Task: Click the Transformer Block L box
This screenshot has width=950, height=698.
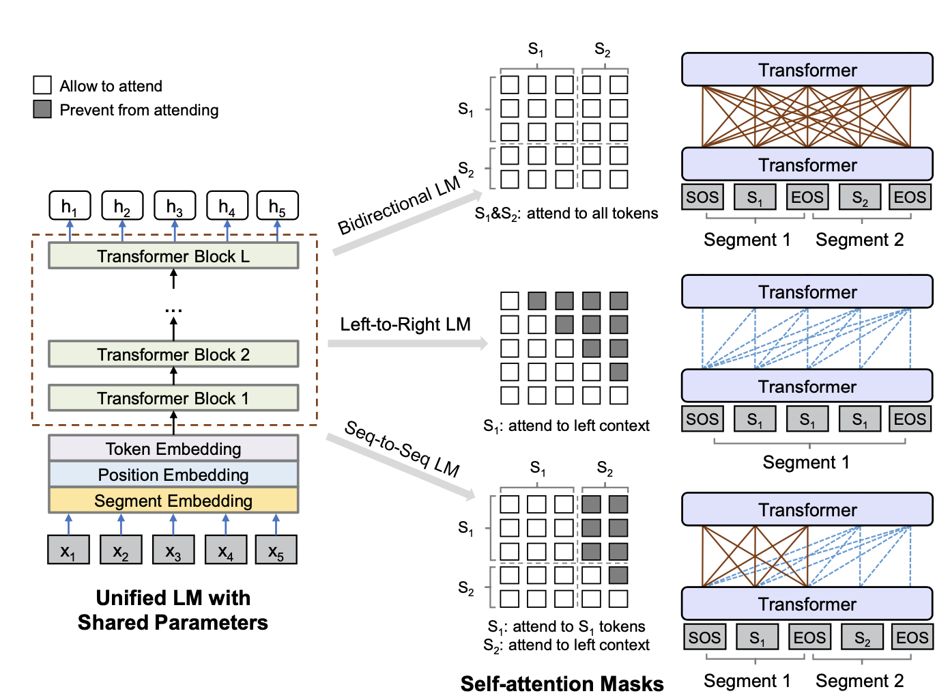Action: [173, 256]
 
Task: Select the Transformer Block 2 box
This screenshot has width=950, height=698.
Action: [173, 354]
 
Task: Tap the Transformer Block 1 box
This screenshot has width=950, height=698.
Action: [173, 398]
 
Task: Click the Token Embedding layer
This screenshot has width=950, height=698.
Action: [173, 449]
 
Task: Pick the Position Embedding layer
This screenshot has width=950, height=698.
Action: [173, 475]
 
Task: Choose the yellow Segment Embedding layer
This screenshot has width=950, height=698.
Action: [173, 501]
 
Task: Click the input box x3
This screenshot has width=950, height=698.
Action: [173, 550]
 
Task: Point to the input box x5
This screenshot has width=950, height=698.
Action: [276, 550]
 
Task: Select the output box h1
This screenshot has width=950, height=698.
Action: [70, 206]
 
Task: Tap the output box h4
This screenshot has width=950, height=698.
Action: [227, 206]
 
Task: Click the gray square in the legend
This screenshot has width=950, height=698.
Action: [42, 109]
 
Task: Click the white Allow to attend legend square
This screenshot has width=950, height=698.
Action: [42, 85]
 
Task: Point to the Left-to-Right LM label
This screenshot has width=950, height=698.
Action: [405, 324]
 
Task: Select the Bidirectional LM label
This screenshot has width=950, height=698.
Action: [399, 206]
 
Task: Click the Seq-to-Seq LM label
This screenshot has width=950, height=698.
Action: [402, 448]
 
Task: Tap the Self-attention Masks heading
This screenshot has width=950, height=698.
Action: [562, 684]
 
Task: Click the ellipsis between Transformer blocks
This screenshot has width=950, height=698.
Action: [173, 311]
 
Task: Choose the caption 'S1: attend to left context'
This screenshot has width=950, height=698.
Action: [566, 426]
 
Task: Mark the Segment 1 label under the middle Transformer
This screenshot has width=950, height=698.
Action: [806, 462]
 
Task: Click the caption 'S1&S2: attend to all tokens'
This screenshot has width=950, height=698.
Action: [566, 214]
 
